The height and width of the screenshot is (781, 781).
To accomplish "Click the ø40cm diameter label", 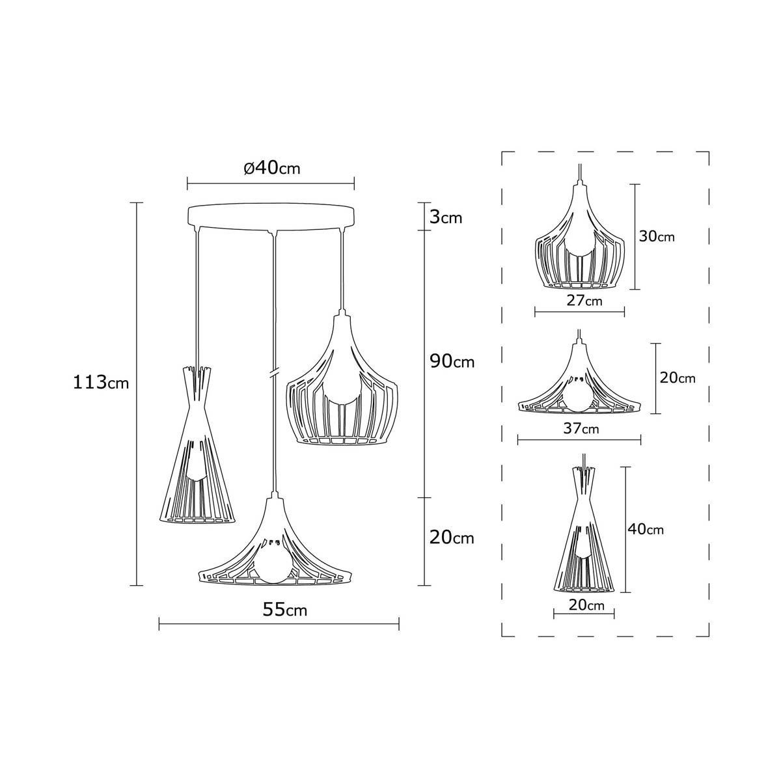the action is [x=272, y=167].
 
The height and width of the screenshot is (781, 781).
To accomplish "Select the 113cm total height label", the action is [x=100, y=382].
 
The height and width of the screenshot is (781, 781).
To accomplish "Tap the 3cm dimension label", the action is [x=445, y=217].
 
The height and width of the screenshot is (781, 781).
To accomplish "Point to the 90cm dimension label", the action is [x=452, y=361].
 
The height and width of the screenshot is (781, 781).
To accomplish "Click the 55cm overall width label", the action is [x=285, y=609].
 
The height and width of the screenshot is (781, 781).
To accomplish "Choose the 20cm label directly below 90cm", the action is [x=452, y=538].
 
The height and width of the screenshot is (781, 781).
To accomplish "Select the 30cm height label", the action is [x=657, y=236].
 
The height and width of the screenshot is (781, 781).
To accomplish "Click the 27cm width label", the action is [x=584, y=301].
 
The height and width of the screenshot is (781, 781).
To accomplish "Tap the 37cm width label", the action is [x=581, y=428].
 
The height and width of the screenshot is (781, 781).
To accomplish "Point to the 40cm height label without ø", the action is [x=646, y=529].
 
